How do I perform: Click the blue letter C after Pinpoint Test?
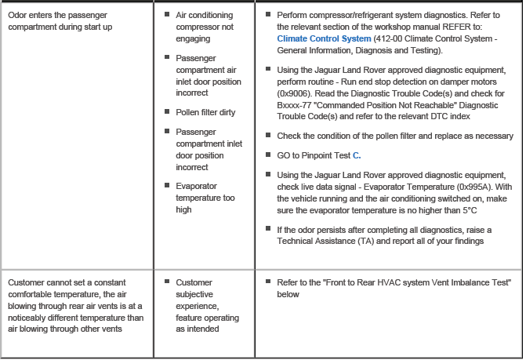tap(357, 155)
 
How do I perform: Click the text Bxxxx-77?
tap(295, 106)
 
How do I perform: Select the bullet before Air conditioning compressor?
tap(167, 15)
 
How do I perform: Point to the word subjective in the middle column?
tap(198, 293)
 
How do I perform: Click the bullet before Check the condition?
tap(268, 136)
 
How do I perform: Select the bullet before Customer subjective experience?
tap(167, 282)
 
